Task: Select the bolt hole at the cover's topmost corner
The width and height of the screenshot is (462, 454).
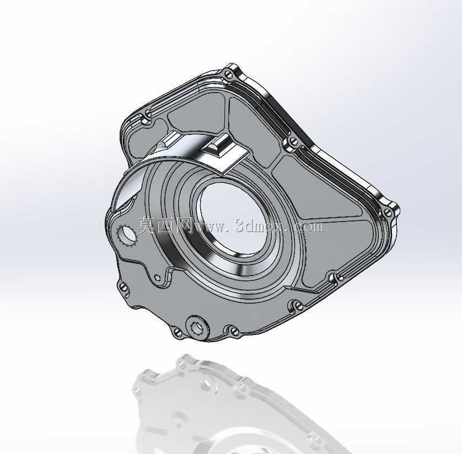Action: pos(229,74)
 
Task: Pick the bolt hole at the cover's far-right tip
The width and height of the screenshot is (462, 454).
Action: pos(388,212)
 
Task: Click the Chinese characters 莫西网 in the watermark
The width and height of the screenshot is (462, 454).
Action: pos(165,226)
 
